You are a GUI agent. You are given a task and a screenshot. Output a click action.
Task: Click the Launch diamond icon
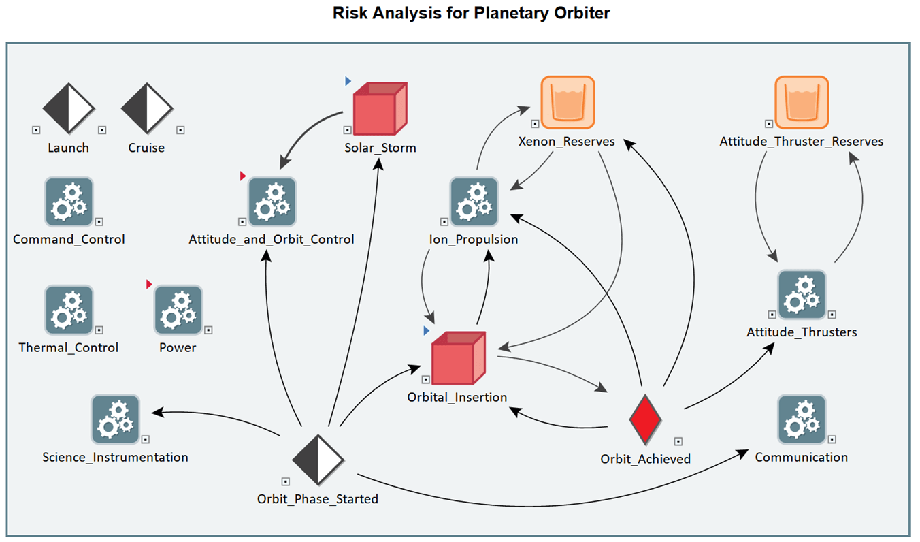point(69,108)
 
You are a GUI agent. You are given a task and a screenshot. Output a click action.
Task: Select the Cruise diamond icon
point(147,108)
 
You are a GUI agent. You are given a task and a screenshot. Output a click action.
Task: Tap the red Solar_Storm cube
point(380,108)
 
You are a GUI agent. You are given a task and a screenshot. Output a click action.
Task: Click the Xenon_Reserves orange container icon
point(568,102)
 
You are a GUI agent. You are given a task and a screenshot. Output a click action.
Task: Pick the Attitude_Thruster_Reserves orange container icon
point(802,102)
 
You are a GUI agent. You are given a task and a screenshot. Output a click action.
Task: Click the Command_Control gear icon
point(69,202)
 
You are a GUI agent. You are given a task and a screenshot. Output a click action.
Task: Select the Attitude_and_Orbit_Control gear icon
point(272,202)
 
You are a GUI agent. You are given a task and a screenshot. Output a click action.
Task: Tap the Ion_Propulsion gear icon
point(474,202)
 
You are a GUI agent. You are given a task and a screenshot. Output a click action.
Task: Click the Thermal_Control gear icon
point(69,310)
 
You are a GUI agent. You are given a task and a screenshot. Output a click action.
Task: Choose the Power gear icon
point(178,310)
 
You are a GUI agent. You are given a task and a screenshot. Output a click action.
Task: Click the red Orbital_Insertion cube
point(459,358)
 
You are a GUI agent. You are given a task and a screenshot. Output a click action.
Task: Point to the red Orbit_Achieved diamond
point(645,420)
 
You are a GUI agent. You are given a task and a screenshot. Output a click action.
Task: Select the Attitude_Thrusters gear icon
point(802,295)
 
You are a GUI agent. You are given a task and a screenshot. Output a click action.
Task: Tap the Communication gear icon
point(802,419)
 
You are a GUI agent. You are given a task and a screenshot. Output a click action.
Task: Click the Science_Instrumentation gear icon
point(116,419)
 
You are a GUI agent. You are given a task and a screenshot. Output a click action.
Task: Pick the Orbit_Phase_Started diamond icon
point(318,460)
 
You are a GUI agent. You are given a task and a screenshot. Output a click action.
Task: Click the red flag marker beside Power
point(149,284)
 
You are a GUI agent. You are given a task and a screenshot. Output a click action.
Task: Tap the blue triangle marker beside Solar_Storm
point(348,81)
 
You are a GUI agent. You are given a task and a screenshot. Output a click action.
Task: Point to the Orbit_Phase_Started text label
point(318,499)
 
